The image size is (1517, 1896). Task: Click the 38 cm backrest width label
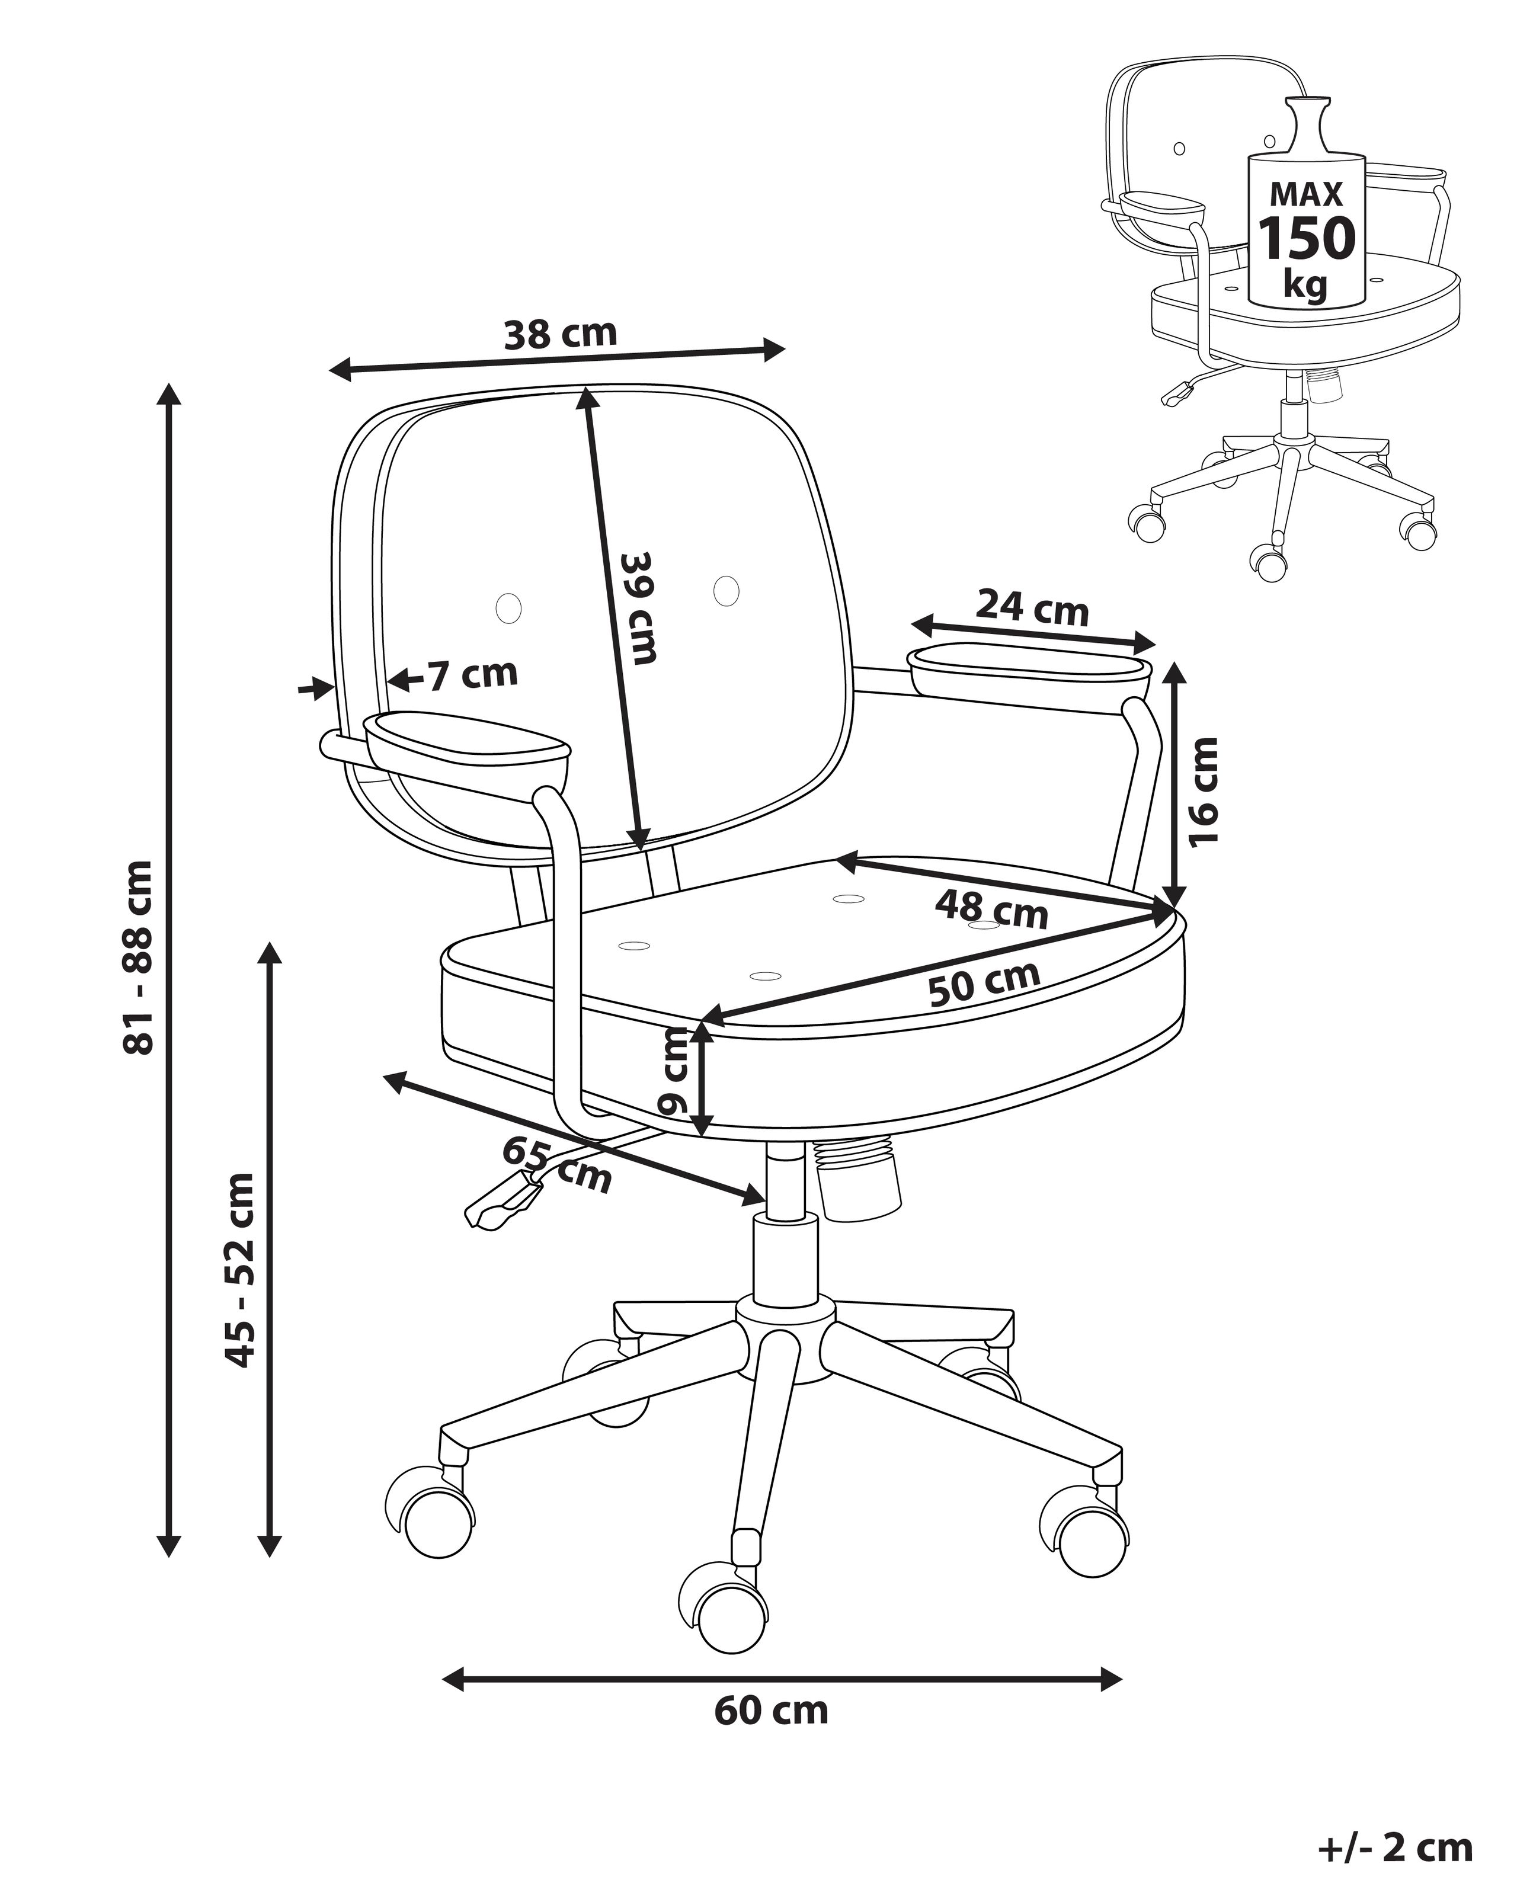tap(560, 334)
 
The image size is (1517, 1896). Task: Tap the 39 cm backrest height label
tap(638, 608)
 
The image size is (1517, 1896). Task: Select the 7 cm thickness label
tap(473, 674)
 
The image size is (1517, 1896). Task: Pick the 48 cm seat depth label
tap(991, 909)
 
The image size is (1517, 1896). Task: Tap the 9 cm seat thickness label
tap(674, 1072)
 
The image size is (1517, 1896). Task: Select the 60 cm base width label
tap(772, 1711)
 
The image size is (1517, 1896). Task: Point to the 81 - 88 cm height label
tap(138, 957)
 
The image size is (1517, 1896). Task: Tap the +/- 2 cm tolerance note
tap(1396, 1847)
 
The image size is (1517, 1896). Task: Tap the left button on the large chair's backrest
tap(508, 608)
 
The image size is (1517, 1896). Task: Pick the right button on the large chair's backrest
tap(727, 590)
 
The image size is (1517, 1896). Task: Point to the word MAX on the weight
tap(1307, 194)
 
